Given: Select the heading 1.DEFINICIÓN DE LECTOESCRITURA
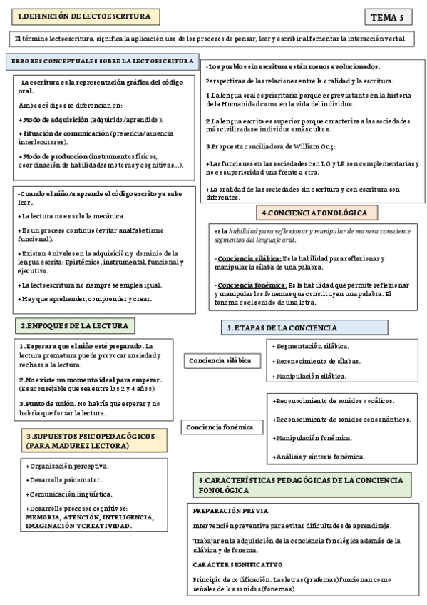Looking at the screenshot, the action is coord(83,16).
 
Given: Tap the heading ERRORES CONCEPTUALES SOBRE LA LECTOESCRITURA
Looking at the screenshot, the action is coord(102,61).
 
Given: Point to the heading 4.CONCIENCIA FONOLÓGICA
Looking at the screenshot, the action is coord(314,213).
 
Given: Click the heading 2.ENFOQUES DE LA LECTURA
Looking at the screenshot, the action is coord(74,325).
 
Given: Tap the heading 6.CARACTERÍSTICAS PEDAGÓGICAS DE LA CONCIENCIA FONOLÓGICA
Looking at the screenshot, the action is coord(303,486).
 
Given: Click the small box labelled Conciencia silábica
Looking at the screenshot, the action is coord(220,361).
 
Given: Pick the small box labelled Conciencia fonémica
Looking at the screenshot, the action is coord(220,427).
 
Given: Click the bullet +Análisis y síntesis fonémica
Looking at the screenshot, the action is coord(319,456).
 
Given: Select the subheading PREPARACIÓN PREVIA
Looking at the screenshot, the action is coord(230,511).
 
